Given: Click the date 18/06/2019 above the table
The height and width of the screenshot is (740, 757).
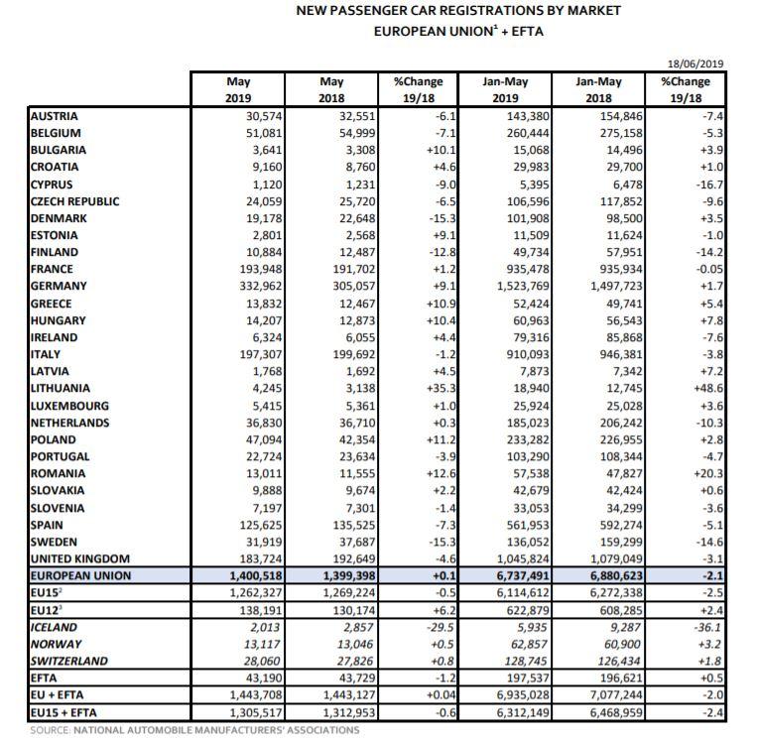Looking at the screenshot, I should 697,64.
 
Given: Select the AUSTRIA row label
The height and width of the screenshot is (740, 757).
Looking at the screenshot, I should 57,116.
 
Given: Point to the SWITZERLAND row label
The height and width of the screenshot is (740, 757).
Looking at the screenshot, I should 69,661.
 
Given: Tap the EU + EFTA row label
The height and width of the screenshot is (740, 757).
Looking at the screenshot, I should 61,694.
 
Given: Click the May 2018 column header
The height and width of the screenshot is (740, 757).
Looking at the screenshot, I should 332,89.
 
